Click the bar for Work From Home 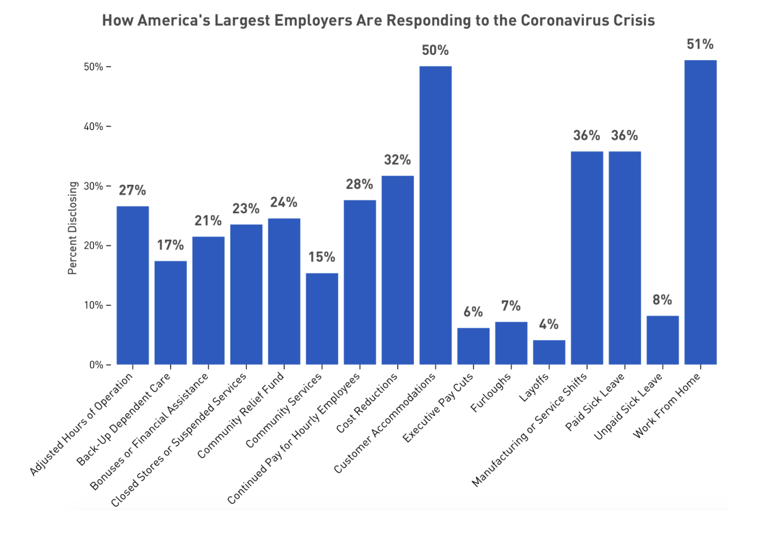click(x=700, y=212)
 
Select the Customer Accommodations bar click(x=435, y=215)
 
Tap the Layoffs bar click(x=549, y=352)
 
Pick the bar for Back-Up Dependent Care click(x=170, y=313)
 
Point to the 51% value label click(x=700, y=45)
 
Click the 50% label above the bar click(x=435, y=50)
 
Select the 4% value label click(x=549, y=324)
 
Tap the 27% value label click(x=133, y=190)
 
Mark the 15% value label click(x=322, y=257)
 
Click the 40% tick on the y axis click(x=93, y=127)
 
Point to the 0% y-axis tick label click(x=96, y=365)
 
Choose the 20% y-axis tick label click(x=93, y=246)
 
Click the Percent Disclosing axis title click(x=72, y=228)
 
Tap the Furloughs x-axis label click(x=491, y=393)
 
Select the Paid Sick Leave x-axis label click(x=595, y=403)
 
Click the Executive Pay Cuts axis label click(x=438, y=408)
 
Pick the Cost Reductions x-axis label click(x=367, y=404)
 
